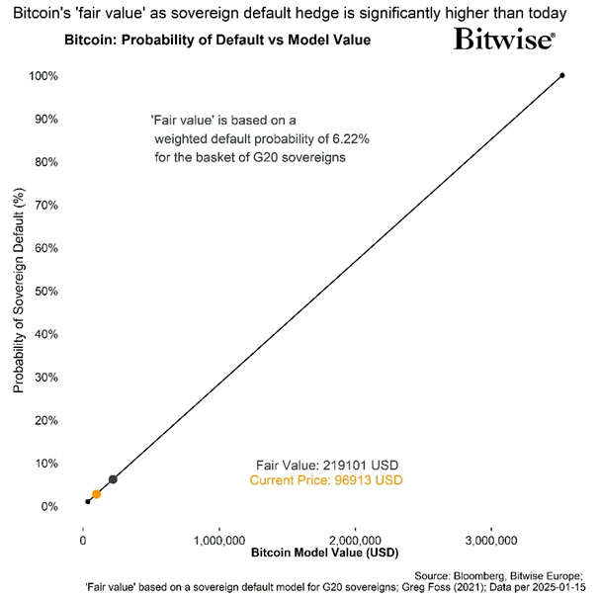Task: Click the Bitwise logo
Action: point(504,40)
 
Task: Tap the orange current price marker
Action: point(96,494)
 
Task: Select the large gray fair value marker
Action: point(113,479)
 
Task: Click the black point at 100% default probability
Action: point(562,75)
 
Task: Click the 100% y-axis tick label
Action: point(43,76)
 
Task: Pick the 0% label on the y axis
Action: point(49,506)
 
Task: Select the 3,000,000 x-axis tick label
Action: point(491,540)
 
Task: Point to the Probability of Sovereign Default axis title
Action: point(19,293)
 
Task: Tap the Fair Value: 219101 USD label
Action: point(326,464)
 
